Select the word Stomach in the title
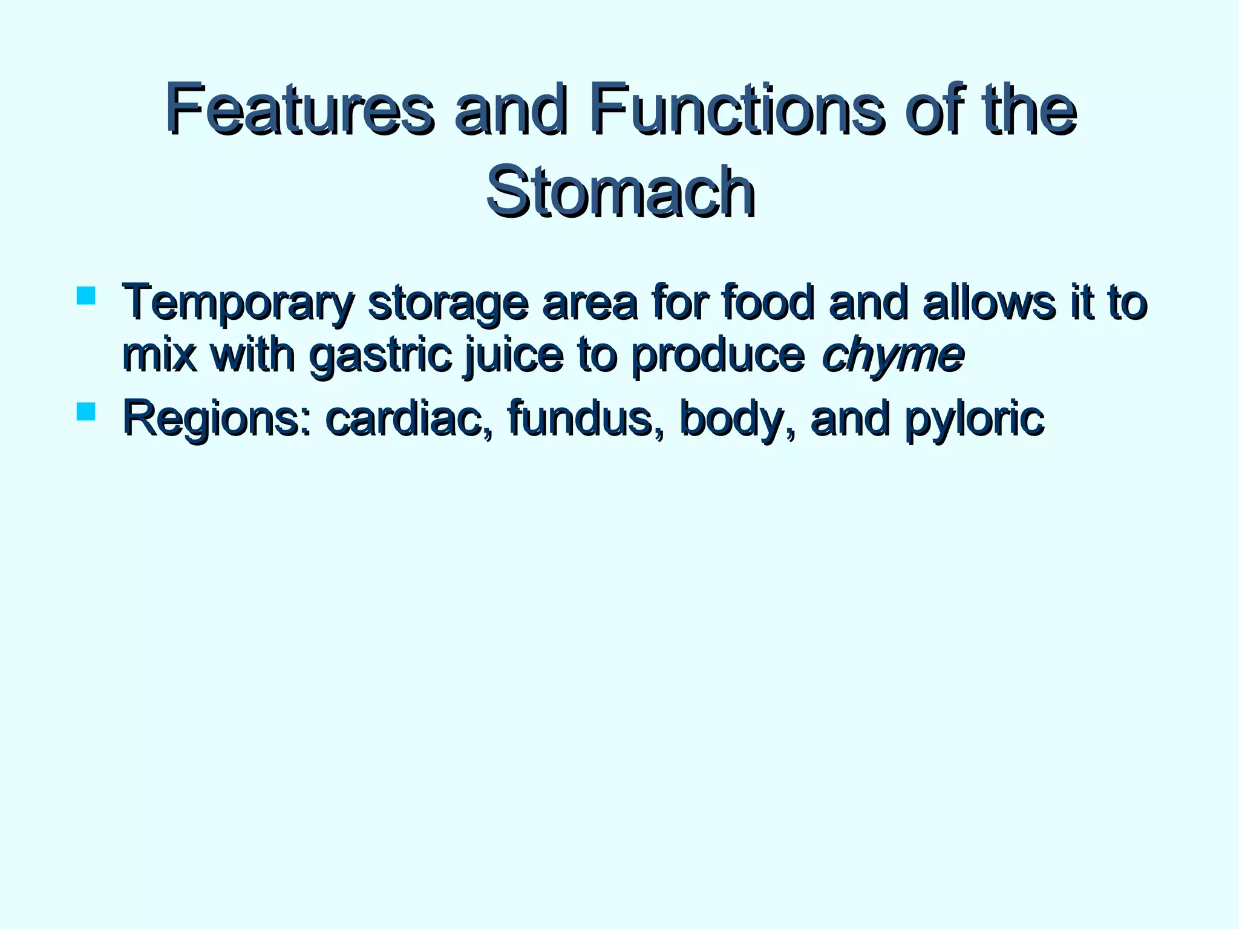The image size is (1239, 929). click(x=620, y=191)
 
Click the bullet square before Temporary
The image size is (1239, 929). click(x=86, y=295)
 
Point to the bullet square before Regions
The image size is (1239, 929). click(x=86, y=411)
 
